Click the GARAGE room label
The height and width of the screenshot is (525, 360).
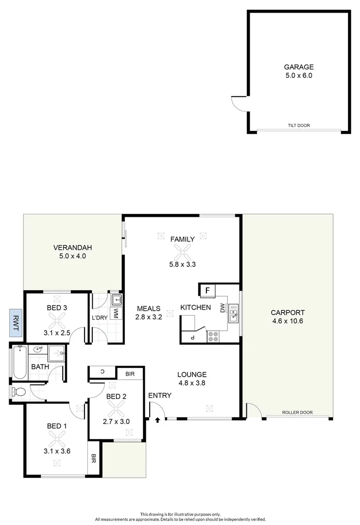[299, 67]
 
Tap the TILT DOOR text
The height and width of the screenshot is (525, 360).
[299, 125]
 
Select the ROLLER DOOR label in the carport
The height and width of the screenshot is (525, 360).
[297, 413]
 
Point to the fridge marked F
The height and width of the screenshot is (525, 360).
[207, 291]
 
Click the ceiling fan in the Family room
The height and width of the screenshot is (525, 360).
[182, 251]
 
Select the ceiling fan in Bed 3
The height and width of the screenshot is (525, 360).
[57, 320]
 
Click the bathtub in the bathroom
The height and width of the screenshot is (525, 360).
[19, 363]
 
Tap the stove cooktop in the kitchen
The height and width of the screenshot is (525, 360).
[213, 336]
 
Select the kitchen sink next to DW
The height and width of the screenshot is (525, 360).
[233, 313]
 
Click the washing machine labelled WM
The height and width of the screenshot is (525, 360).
[116, 313]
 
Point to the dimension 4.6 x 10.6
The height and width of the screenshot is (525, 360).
[288, 321]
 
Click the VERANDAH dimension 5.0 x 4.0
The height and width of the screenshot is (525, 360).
[72, 256]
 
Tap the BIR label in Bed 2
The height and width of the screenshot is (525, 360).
[130, 374]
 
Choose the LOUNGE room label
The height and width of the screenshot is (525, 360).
[191, 374]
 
